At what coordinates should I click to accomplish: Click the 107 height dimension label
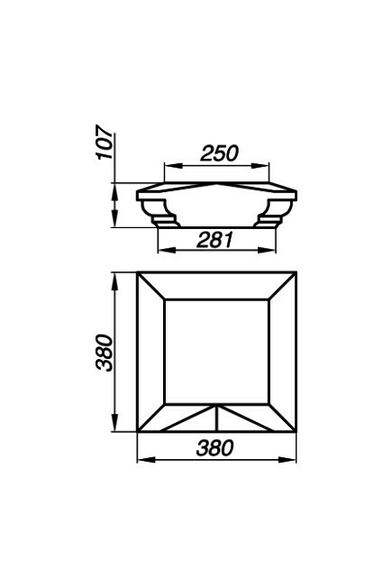click(105, 142)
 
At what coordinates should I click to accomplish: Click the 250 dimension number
click(219, 153)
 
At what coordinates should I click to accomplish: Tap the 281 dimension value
click(215, 240)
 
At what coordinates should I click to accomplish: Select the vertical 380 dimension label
click(105, 353)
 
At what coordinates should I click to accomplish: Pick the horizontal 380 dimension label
click(214, 447)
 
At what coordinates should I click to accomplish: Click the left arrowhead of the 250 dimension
click(173, 166)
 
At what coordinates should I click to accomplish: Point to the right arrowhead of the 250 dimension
click(260, 166)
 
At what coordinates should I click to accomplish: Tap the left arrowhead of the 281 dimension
click(167, 250)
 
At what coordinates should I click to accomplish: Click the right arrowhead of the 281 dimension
click(267, 250)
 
